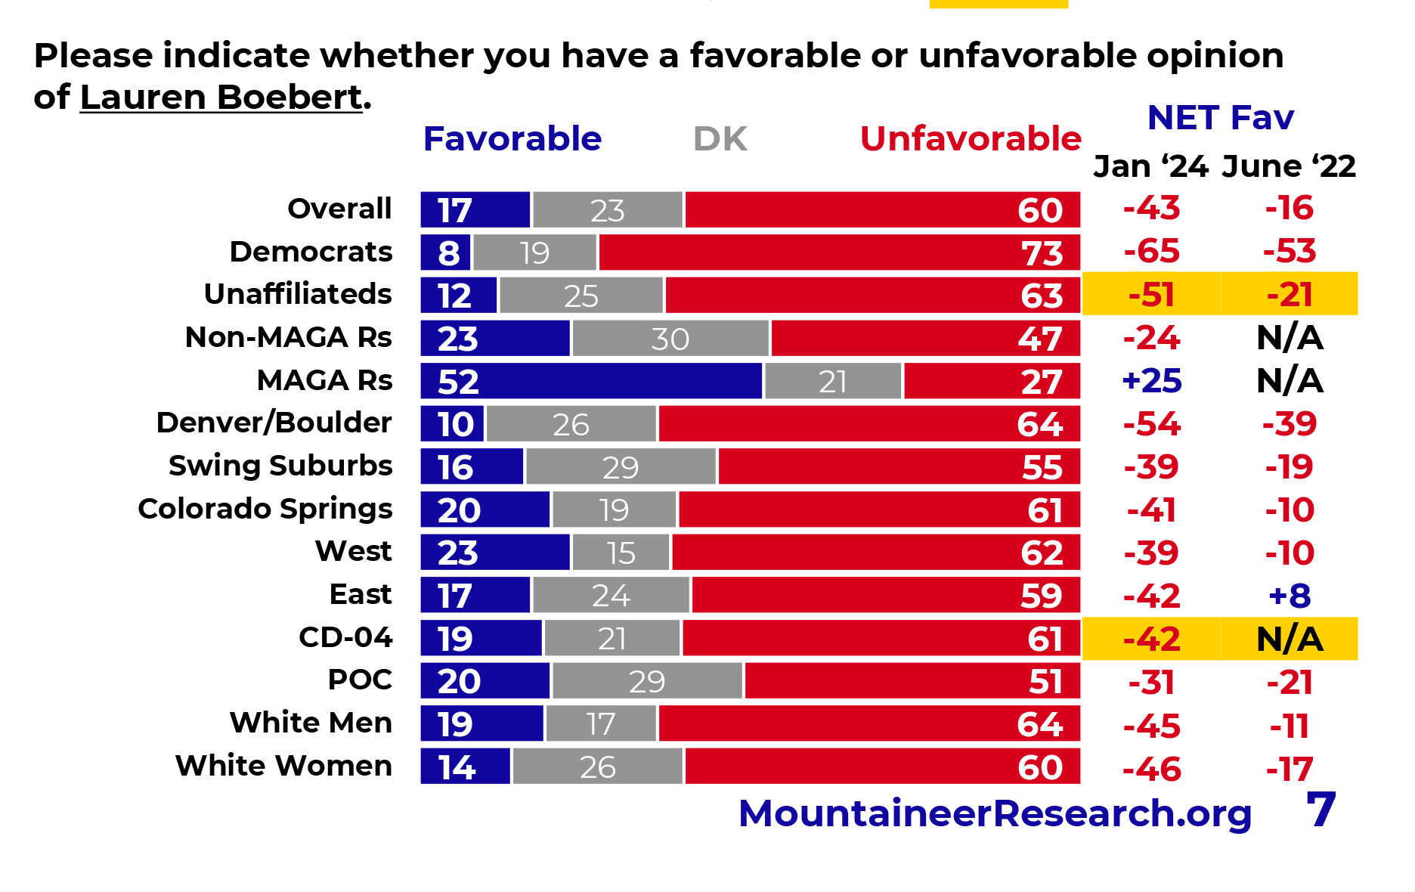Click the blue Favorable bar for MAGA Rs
[591, 381]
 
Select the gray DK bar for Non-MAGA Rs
[670, 338]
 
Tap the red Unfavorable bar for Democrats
[839, 252]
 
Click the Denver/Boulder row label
[274, 423]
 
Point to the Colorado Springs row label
[265, 509]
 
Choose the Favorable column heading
[512, 139]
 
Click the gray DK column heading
[720, 139]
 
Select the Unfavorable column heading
[971, 139]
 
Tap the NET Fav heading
[1220, 118]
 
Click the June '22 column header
[1289, 166]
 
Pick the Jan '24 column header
[1150, 166]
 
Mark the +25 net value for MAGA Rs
[1151, 381]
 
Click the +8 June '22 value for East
[1290, 596]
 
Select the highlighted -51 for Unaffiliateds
[1151, 295]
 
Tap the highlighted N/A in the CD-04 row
[1290, 640]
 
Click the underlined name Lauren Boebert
[221, 98]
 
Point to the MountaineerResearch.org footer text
[995, 813]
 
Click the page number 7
[1321, 810]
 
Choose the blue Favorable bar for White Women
[466, 767]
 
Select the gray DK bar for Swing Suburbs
[621, 467]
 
